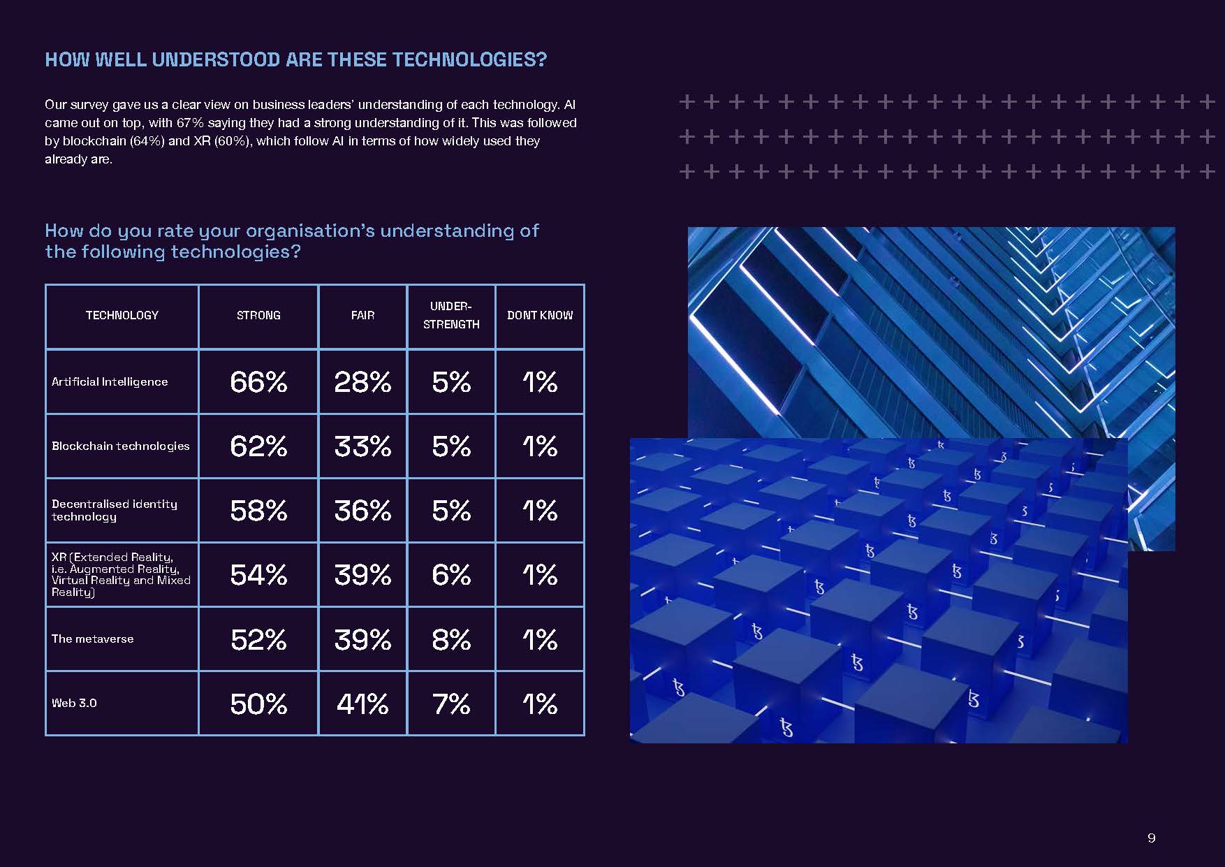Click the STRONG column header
258,316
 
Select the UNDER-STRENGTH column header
451,315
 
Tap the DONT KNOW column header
540,316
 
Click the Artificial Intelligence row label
110,382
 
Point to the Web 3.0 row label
74,704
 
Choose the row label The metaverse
92,639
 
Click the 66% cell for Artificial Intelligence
258,382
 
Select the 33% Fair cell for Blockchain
362,446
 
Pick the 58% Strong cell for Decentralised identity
258,511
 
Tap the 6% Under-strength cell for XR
451,575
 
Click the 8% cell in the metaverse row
451,639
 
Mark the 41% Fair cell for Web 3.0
362,704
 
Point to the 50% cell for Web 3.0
258,704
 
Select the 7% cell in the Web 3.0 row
451,704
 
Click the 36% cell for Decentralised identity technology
362,511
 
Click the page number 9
1152,838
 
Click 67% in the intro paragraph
190,123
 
